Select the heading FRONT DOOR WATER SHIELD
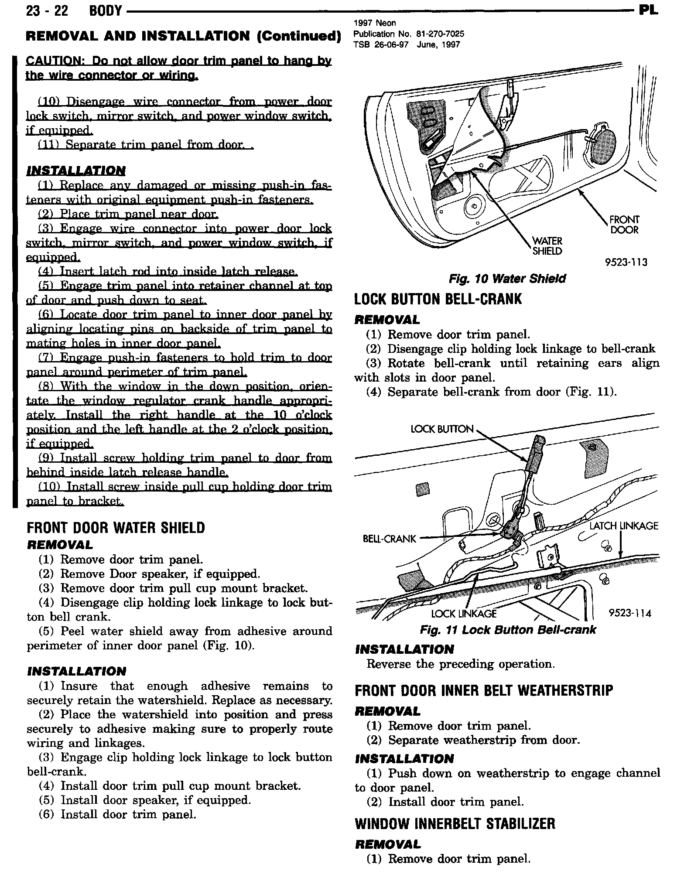coord(116,528)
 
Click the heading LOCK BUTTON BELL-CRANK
coord(438,299)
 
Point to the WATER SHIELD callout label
coord(547,246)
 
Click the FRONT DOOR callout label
coord(624,225)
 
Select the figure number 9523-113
coord(626,262)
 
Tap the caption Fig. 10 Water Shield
coord(507,279)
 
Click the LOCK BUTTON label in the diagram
coord(442,429)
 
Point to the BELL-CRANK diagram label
coord(390,539)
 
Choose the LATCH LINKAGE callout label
coord(623,526)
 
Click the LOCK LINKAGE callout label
coord(464,614)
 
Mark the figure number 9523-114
coord(629,613)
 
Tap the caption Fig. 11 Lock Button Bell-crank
coord(508,630)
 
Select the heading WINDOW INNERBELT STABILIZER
coord(455,824)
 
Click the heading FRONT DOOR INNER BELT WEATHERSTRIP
coord(484,690)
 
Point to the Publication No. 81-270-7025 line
coord(408,34)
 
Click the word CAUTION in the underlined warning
coord(52,61)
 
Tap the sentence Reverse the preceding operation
coord(461,664)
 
